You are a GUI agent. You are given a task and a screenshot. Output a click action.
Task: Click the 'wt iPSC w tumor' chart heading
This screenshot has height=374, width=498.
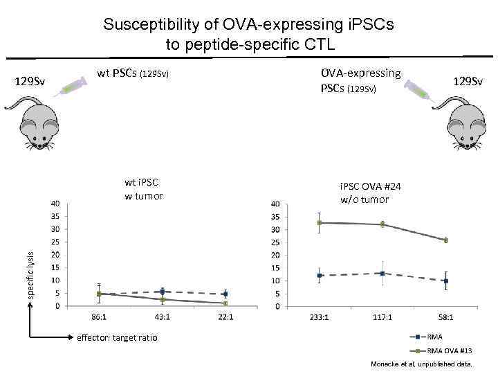pyautogui.click(x=143, y=189)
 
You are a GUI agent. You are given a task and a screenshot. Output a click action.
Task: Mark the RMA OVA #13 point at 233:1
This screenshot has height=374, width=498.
pyautogui.click(x=319, y=223)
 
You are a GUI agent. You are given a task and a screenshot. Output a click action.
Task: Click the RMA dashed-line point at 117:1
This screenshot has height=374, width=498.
pyautogui.click(x=382, y=273)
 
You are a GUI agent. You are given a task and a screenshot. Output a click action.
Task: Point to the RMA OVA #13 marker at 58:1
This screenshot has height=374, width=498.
pyautogui.click(x=445, y=240)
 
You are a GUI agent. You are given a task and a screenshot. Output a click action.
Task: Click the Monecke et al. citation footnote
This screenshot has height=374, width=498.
pyautogui.click(x=421, y=364)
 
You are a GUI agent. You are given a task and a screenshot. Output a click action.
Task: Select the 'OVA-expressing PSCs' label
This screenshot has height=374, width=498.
pyautogui.click(x=360, y=80)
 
